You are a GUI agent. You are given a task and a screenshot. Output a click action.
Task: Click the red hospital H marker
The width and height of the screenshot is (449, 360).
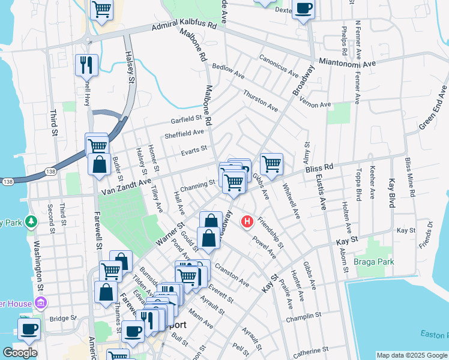(246, 222)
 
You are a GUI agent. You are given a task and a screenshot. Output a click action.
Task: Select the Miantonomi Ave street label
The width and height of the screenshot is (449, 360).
(348, 62)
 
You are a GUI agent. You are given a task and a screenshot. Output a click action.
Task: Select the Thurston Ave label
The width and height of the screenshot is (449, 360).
(261, 101)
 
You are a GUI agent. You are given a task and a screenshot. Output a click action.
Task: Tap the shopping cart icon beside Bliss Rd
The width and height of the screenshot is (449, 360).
(271, 163)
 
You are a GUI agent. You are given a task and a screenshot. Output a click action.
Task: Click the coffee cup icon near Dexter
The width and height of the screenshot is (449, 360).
(303, 8)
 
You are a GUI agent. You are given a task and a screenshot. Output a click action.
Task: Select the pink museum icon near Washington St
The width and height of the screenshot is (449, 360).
(41, 304)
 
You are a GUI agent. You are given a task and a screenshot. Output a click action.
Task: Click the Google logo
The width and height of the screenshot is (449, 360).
(20, 353)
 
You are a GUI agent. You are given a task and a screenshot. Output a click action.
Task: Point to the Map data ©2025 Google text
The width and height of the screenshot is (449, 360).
(411, 355)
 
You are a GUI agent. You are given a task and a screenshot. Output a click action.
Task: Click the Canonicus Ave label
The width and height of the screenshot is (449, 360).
(279, 67)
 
